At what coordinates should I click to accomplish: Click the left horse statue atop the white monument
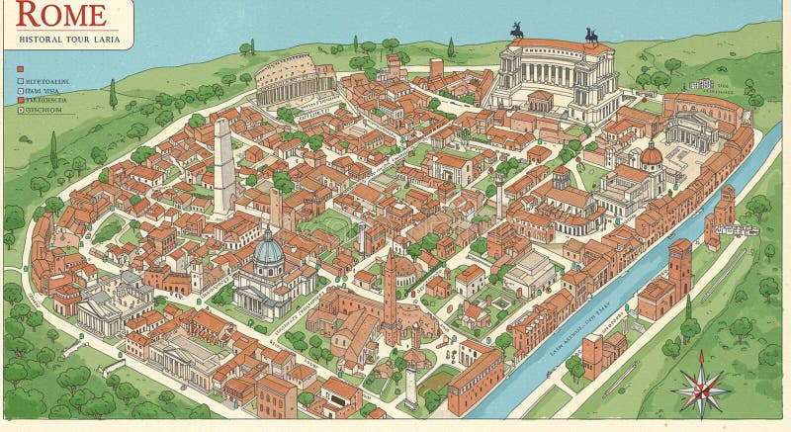(x=516, y=31)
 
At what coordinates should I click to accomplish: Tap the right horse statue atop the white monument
(x=591, y=36)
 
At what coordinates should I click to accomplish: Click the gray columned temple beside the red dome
(x=691, y=130)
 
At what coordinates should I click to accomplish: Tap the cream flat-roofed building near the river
(x=531, y=272)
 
